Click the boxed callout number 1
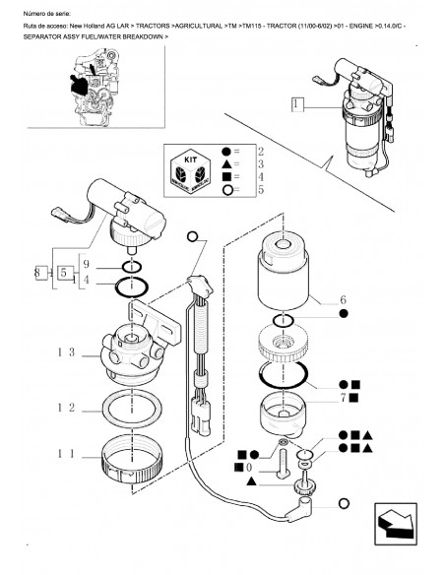pos(297,104)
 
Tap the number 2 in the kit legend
pos(261,152)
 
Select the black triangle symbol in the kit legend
pos(226,163)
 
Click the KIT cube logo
pos(190,171)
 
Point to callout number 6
pos(343,300)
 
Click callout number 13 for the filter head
pos(66,352)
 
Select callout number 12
pos(66,408)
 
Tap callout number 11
pos(66,454)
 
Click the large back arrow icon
pos(396,524)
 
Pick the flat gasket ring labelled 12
pos(106,410)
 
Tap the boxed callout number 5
pos(64,273)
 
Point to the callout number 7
pos(344,398)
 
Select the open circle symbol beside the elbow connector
pos(344,504)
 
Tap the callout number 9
pos(86,264)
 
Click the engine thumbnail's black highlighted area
pos(79,86)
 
